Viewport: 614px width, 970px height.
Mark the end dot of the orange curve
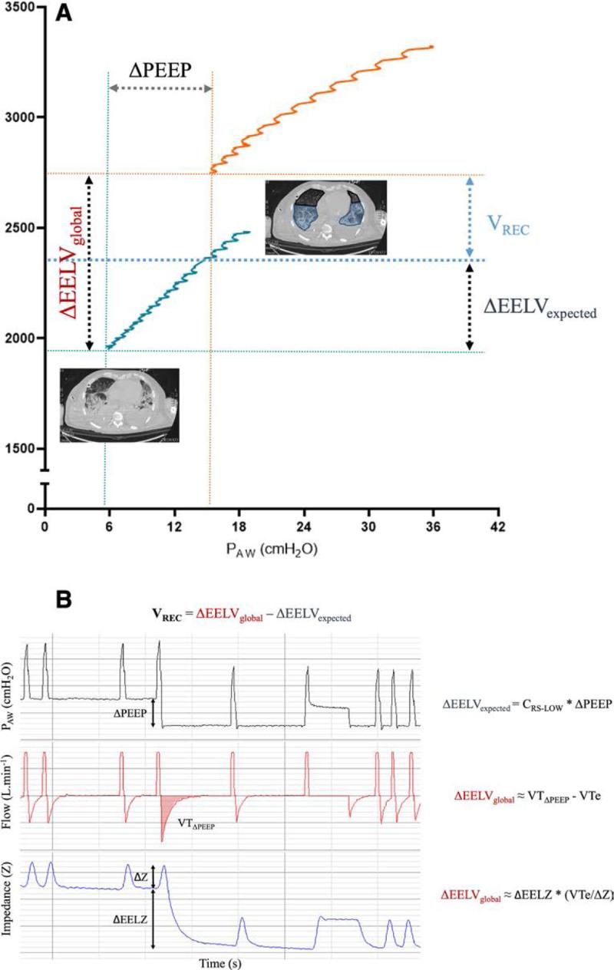[431, 47]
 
